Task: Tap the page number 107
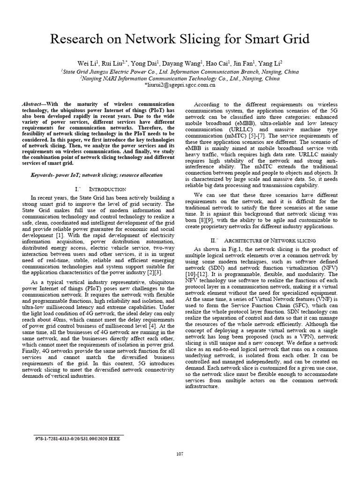click(x=180, y=454)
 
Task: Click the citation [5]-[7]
click(x=244, y=135)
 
